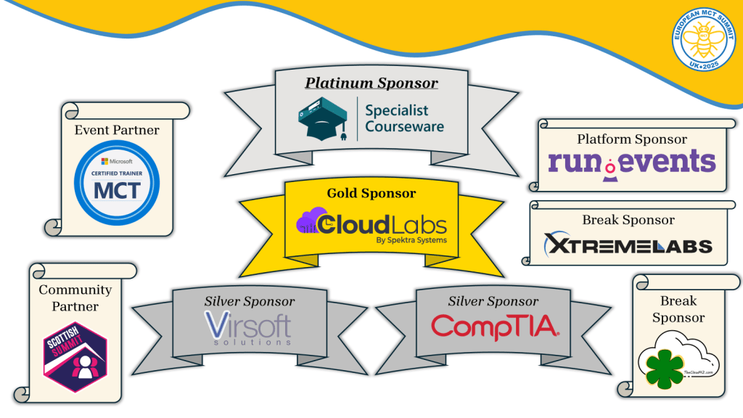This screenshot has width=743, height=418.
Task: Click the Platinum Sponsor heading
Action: point(371,83)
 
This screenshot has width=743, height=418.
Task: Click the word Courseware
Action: point(404,126)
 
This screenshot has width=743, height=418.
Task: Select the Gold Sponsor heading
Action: point(371,194)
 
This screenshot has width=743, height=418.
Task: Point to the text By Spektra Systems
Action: point(411,239)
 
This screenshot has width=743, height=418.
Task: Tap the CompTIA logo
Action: point(494,327)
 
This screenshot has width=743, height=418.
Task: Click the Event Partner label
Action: point(117,131)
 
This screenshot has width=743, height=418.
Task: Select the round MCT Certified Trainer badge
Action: point(117,181)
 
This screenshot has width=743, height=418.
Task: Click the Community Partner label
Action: point(75,298)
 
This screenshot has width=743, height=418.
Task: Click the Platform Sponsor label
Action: point(631,139)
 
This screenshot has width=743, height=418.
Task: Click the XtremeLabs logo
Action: point(628,245)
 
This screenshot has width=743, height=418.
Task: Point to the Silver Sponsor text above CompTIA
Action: point(493,301)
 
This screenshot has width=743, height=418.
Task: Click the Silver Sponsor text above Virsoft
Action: point(249,301)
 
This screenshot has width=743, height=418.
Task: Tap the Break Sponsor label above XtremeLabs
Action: point(628,220)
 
